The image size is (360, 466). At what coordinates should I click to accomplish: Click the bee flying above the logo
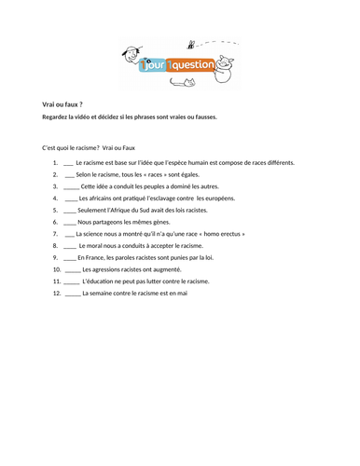pos(191,43)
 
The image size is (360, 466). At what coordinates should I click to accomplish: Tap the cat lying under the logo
pos(181,83)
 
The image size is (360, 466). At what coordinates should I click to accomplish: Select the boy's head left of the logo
pos(132,55)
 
